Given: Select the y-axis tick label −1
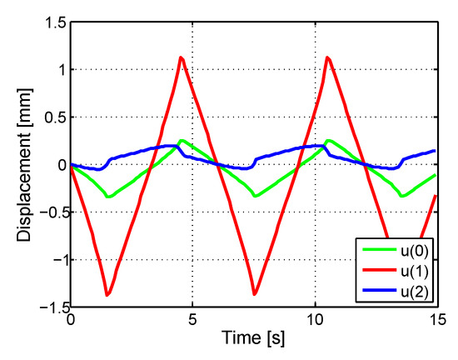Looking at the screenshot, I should coord(57,260).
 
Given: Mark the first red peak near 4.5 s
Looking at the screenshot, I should coord(181,57).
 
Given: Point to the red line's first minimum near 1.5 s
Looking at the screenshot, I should coord(107,294).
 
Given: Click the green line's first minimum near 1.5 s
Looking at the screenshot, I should coord(108,197).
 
